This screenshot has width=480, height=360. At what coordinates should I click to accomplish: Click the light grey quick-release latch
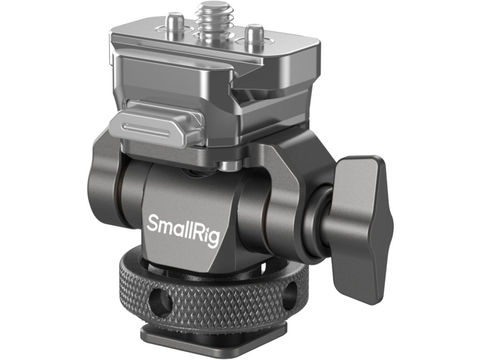156,124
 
